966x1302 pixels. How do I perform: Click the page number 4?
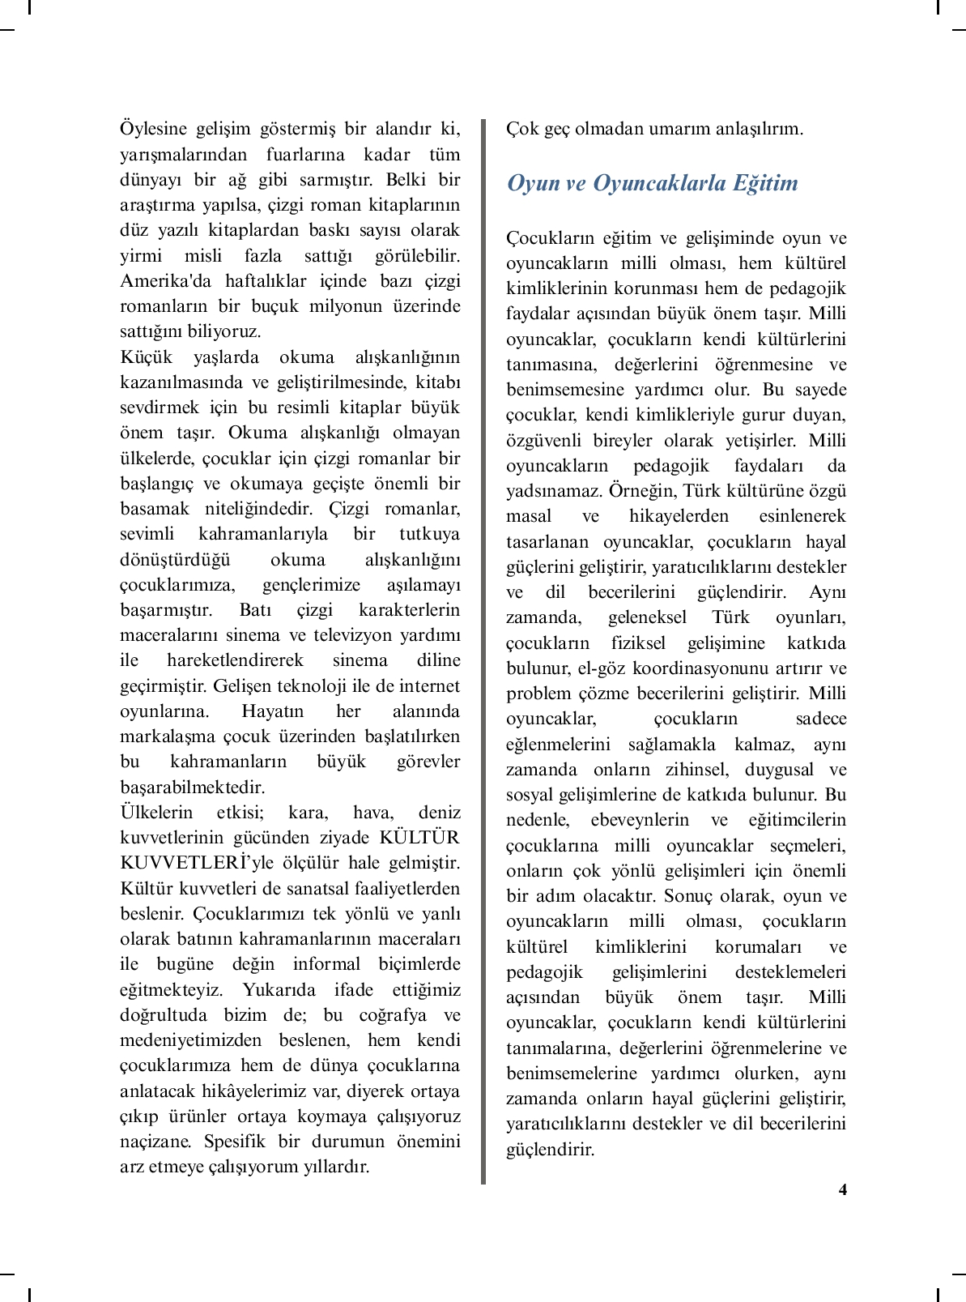[x=842, y=1189]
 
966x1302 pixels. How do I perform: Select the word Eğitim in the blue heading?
[x=765, y=183]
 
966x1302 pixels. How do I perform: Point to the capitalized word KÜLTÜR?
[x=419, y=837]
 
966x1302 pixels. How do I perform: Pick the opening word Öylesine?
[x=153, y=129]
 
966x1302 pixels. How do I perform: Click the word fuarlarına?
[x=305, y=154]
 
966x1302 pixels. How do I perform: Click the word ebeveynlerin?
[x=640, y=819]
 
